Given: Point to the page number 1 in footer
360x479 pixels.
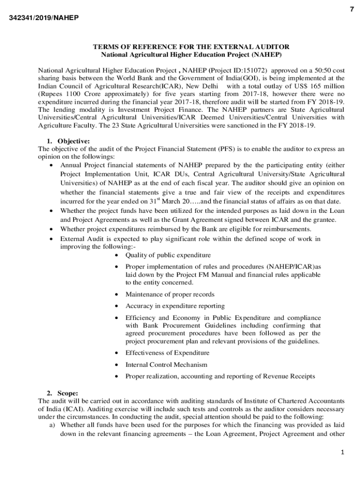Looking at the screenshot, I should point(342,452).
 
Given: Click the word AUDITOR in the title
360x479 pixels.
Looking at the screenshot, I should point(273,47).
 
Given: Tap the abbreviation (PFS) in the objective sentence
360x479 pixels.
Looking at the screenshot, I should point(225,149).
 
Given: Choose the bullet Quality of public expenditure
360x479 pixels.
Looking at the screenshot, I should point(168,255).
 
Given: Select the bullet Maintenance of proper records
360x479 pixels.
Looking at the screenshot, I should point(170,294).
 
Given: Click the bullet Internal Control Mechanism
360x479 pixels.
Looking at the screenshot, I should point(166,364).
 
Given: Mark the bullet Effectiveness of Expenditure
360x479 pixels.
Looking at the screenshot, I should point(167,353).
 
